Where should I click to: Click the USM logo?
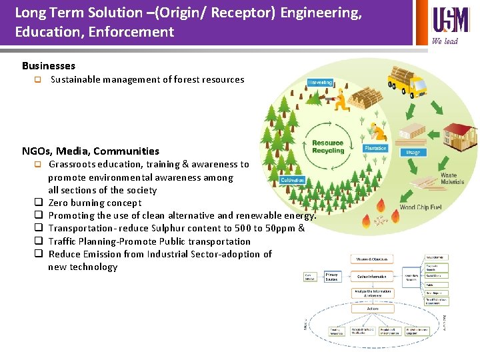[x=451, y=19]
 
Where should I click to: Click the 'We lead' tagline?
[x=445, y=41]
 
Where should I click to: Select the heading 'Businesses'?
[x=49, y=65]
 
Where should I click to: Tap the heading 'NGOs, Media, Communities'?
[x=91, y=151]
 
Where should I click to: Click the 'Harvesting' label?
[x=320, y=83]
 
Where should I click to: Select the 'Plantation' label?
[x=375, y=148]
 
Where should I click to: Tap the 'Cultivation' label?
[x=293, y=180]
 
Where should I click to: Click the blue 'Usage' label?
[x=413, y=152]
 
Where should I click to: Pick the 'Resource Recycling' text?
[x=328, y=147]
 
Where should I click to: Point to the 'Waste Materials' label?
[x=452, y=179]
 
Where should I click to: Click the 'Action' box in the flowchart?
[x=373, y=309]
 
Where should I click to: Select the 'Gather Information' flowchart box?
[x=373, y=276]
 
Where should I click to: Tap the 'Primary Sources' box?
[x=332, y=276]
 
